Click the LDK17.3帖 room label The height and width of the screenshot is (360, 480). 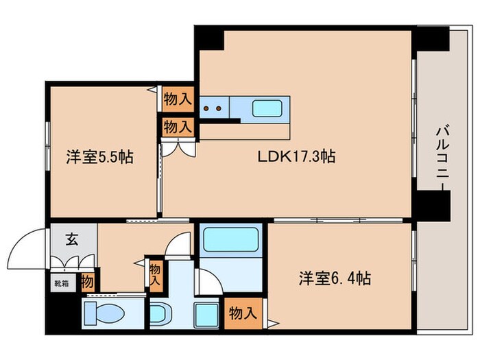296,156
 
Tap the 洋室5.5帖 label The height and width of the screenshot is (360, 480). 99,157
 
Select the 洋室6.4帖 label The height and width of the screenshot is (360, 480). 335,279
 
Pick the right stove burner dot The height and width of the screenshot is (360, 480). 219,108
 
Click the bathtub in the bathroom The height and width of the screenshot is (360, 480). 230,241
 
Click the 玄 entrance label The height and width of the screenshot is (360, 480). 72,240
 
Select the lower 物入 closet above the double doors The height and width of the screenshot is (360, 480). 178,126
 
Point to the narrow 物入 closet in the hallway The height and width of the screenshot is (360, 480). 155,274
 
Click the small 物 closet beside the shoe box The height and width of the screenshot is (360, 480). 88,280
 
